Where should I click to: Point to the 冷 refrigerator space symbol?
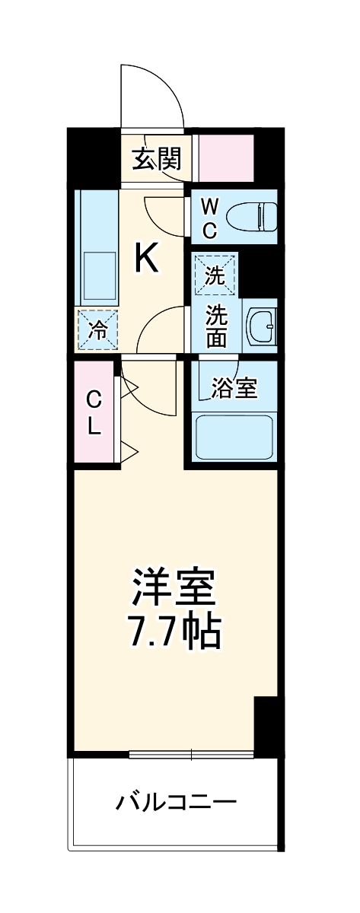pos(97,330)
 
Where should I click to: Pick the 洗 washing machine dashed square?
pos(215,274)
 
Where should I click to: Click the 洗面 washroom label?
pos(216,326)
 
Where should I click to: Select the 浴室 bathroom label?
pos(234,389)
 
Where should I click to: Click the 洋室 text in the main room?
pos(174,587)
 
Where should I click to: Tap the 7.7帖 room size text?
pos(174,631)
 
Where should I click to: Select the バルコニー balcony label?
pos(176,802)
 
